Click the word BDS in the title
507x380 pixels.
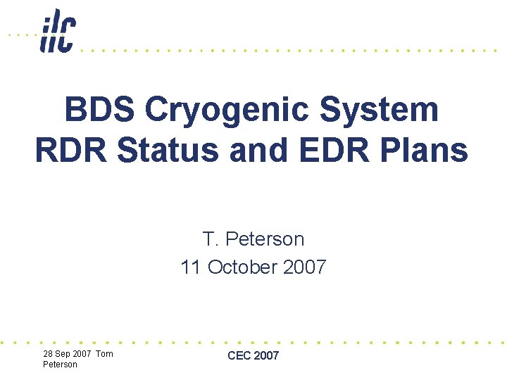(x=99, y=110)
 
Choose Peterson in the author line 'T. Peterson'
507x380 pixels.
(x=265, y=239)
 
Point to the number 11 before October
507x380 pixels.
(x=190, y=267)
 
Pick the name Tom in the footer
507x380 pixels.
(x=104, y=354)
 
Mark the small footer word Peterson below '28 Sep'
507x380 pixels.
(x=60, y=365)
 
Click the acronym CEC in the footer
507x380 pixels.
(x=239, y=356)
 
